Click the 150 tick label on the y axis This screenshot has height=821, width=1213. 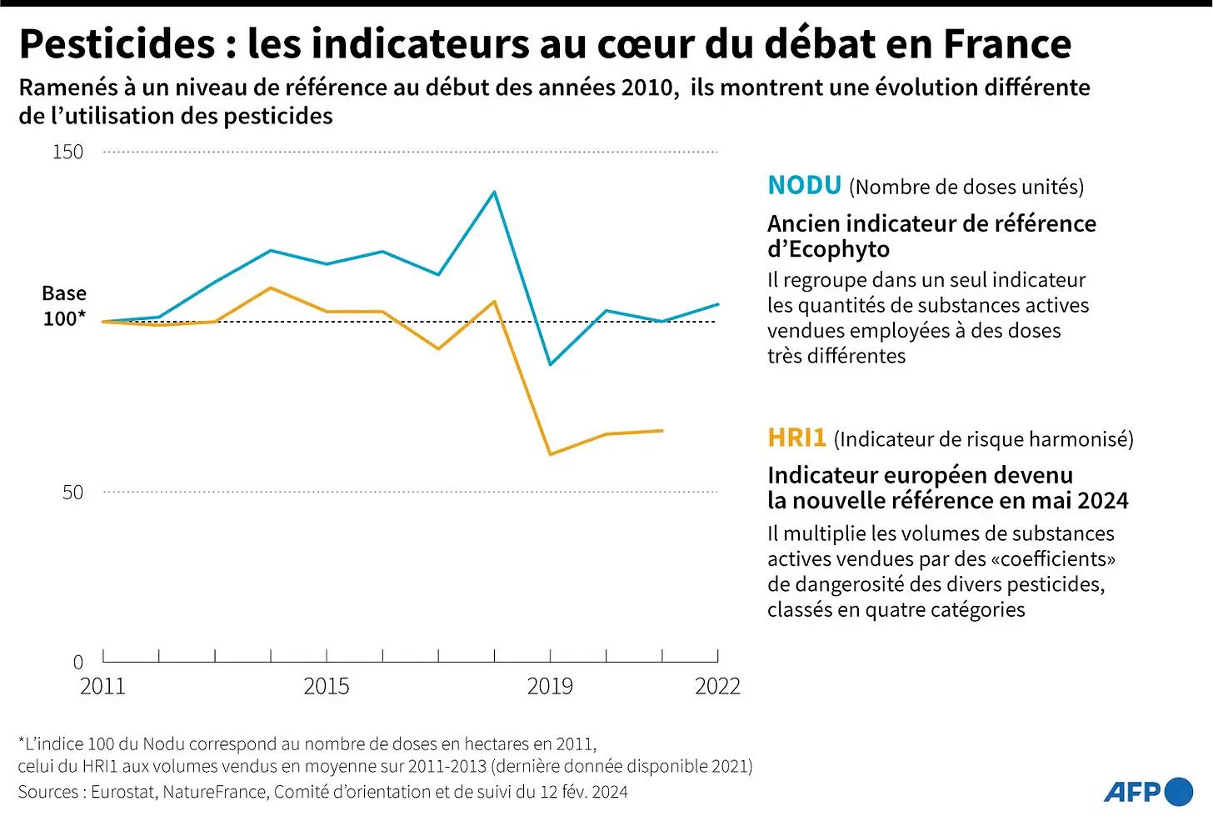[67, 152]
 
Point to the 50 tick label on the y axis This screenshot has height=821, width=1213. [72, 492]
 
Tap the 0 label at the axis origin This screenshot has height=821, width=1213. [78, 663]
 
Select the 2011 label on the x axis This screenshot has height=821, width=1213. [102, 686]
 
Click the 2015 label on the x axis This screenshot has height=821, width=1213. [326, 686]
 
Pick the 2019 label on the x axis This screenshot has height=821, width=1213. [550, 686]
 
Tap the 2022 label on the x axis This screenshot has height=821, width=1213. [717, 686]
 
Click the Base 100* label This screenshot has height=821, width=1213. [64, 306]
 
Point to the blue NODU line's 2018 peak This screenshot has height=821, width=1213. [495, 193]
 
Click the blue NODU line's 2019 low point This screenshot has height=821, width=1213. [551, 364]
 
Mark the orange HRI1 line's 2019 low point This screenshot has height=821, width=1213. [551, 454]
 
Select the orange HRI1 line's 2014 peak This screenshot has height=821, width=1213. [271, 288]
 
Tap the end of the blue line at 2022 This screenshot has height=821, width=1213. [717, 304]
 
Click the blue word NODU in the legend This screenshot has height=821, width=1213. [804, 185]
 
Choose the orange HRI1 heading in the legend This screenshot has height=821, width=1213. [796, 438]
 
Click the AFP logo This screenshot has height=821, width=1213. [1148, 791]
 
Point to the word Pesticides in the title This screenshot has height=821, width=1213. [117, 44]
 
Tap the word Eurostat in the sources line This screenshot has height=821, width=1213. [123, 792]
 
